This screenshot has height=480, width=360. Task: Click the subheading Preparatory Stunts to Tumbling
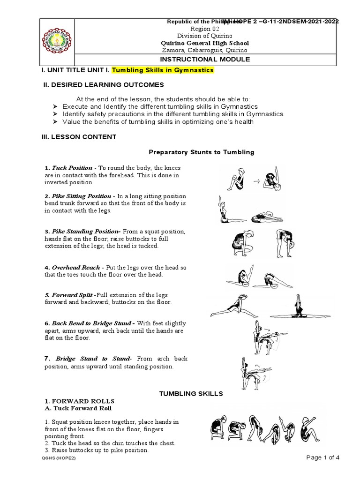pos(201,152)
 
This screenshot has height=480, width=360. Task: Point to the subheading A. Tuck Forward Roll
pos(73,408)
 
